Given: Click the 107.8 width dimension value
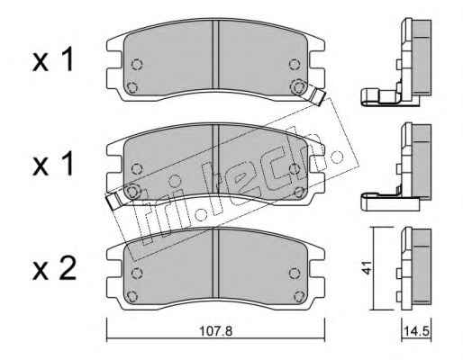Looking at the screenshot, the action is pyautogui.click(x=216, y=331).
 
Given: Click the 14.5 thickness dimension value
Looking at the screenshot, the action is pyautogui.click(x=416, y=332).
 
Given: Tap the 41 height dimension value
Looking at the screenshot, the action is pyautogui.click(x=367, y=267).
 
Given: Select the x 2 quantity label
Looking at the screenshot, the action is pyautogui.click(x=54, y=269).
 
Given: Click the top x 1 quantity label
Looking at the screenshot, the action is pyautogui.click(x=53, y=59).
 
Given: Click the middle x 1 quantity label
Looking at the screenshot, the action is pyautogui.click(x=53, y=163).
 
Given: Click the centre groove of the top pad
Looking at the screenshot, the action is pyautogui.click(x=215, y=54).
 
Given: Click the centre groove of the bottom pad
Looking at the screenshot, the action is pyautogui.click(x=215, y=264).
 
